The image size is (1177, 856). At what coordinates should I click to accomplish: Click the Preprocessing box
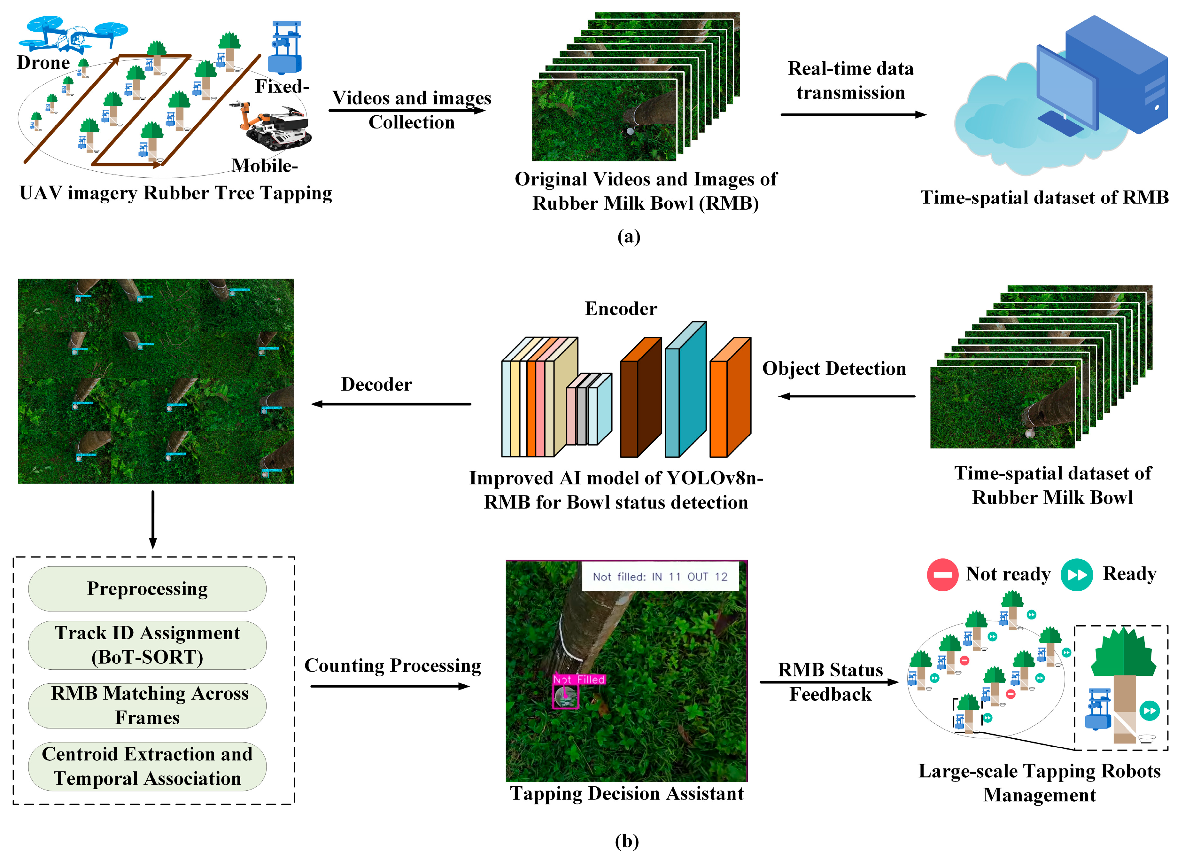point(147,589)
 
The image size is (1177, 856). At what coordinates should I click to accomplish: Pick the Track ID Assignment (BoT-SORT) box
point(147,645)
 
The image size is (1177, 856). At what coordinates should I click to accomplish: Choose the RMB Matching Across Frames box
point(147,705)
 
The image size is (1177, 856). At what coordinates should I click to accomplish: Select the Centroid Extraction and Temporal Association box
point(147,766)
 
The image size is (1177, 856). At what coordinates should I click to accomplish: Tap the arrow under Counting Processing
point(390,686)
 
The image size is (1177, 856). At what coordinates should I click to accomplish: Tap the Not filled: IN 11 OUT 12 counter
point(660,577)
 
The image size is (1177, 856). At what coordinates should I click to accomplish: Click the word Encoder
point(621,309)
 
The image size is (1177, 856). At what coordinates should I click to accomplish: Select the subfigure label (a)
point(629,237)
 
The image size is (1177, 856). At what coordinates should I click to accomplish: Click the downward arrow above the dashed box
point(152,519)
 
